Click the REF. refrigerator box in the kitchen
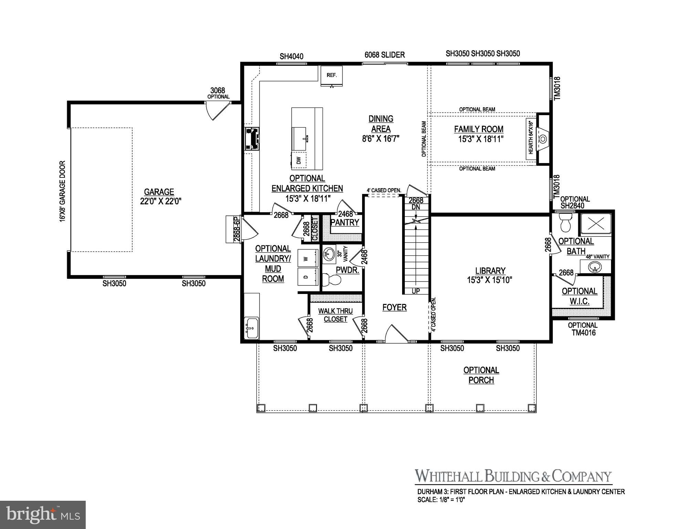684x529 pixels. pos(332,75)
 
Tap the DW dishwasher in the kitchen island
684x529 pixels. pos(299,160)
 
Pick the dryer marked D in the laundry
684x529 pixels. pos(307,276)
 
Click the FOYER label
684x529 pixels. pos(394,307)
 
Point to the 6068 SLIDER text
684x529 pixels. pos(385,55)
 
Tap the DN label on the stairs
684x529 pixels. pos(416,207)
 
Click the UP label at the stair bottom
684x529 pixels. pos(416,291)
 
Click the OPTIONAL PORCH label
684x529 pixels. pos(481,375)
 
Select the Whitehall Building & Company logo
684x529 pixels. pos(513,476)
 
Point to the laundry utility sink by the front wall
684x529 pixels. pos(252,328)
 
